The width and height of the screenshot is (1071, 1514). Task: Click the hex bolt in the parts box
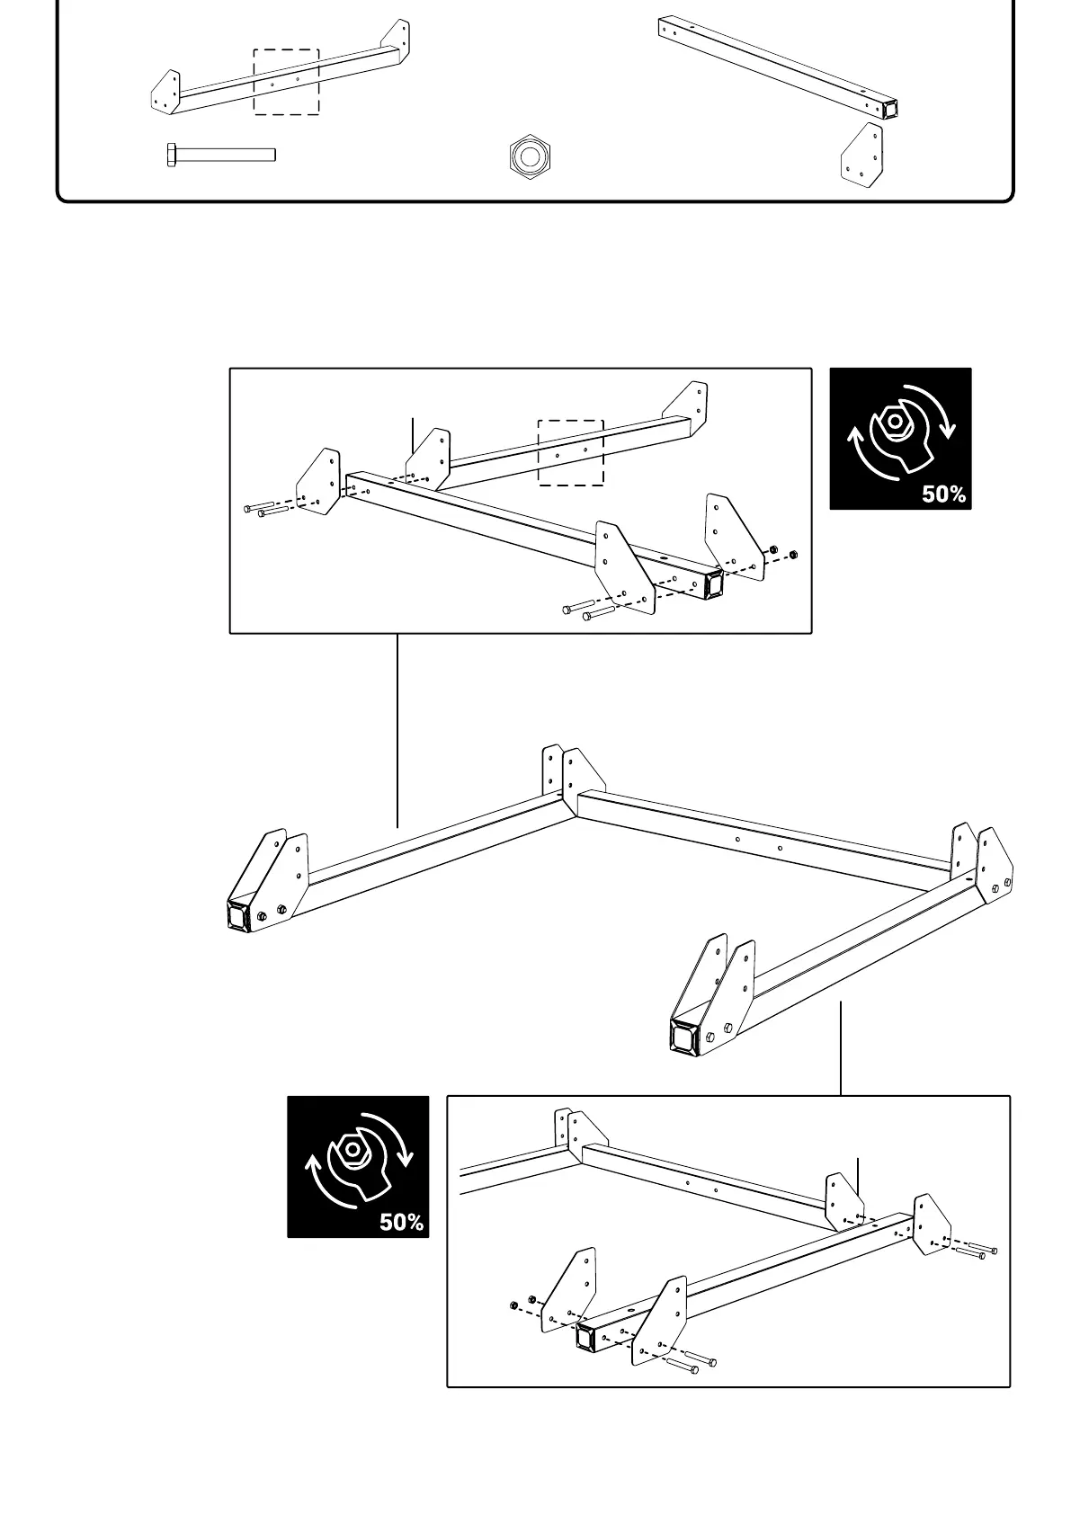(x=220, y=155)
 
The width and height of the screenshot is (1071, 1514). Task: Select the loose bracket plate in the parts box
(x=861, y=156)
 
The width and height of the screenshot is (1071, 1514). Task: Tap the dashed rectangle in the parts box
(x=286, y=82)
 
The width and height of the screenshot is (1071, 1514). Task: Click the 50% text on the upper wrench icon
(x=943, y=494)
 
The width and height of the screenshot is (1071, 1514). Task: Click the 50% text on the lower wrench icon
(x=401, y=1222)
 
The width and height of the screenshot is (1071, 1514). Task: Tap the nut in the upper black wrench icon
(x=894, y=421)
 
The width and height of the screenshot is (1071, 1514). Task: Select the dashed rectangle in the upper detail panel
(x=570, y=452)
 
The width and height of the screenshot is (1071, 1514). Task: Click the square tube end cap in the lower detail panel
(x=585, y=1337)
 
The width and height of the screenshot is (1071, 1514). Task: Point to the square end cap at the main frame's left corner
(x=238, y=917)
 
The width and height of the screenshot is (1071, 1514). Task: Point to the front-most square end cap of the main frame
(x=684, y=1036)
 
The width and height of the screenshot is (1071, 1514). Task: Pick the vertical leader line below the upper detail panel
(x=397, y=730)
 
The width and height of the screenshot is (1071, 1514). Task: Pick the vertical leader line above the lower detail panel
(x=841, y=1047)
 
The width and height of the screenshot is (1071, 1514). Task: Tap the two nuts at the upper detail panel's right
(x=781, y=551)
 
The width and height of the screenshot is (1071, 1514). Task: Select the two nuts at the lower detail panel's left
(x=522, y=1302)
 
